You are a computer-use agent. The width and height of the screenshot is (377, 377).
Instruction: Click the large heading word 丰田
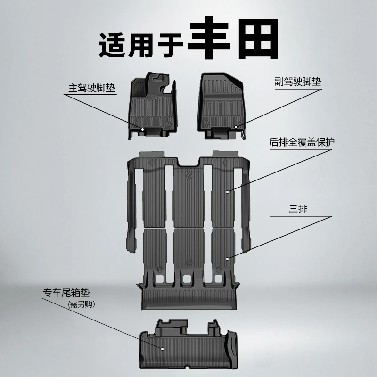[233, 38]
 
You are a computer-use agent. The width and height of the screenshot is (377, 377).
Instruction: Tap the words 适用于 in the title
[141, 45]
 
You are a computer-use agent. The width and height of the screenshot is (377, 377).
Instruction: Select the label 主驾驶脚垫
[91, 88]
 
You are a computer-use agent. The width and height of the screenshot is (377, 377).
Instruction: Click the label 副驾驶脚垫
[298, 82]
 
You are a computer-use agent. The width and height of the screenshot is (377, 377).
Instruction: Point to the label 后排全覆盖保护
[302, 142]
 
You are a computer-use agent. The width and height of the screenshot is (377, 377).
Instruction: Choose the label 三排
[298, 209]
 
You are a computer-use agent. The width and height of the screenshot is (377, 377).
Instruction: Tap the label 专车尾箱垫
[66, 292]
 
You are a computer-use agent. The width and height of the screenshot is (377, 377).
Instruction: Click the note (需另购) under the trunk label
[81, 304]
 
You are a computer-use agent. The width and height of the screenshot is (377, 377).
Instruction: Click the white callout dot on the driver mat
[142, 129]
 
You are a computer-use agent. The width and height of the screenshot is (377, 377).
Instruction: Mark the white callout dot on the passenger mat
[236, 127]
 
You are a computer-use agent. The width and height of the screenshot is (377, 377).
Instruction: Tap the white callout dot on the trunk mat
[162, 349]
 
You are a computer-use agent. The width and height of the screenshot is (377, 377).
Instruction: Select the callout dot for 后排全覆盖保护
[227, 192]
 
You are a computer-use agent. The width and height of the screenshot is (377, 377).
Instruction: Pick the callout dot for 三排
[227, 259]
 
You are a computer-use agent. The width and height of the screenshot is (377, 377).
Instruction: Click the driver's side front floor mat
[152, 105]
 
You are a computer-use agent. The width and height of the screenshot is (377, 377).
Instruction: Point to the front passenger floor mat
[221, 106]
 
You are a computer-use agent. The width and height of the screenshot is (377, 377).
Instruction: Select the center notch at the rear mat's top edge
[188, 162]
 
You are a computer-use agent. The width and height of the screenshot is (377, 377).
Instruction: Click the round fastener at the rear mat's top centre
[189, 176]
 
